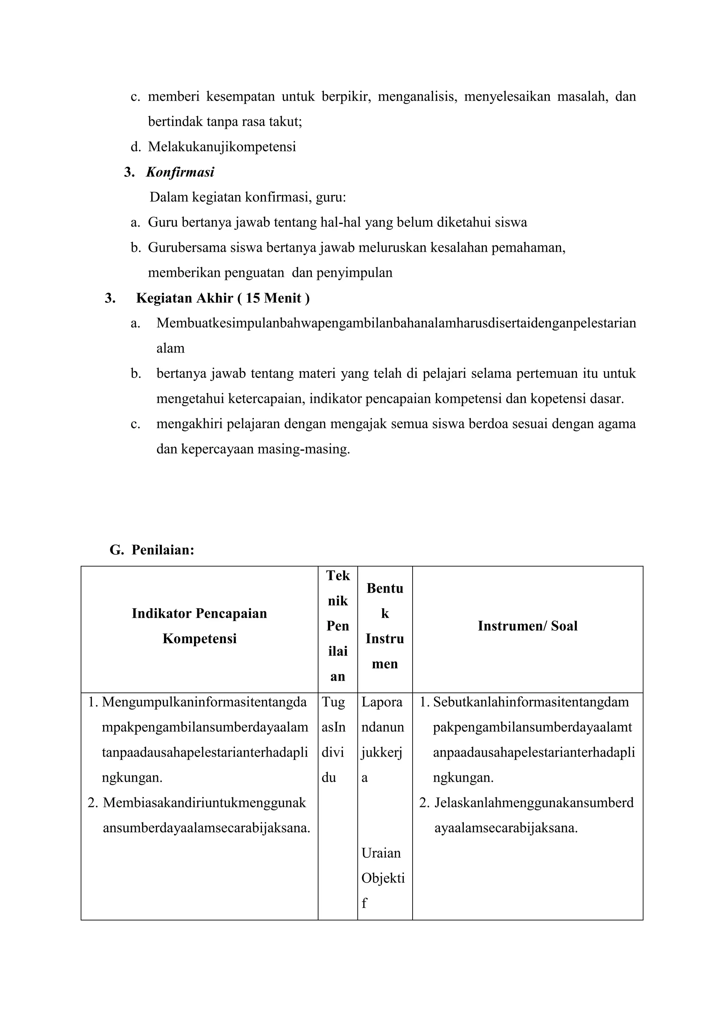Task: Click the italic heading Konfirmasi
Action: (x=180, y=172)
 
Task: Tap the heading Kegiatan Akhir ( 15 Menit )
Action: (x=222, y=298)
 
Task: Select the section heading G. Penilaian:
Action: (x=152, y=550)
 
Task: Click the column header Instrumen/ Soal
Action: (x=527, y=626)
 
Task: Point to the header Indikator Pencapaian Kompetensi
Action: (x=199, y=626)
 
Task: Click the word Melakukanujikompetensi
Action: (x=222, y=147)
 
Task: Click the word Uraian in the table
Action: (x=381, y=853)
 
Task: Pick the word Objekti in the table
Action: (x=383, y=878)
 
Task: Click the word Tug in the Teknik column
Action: (x=333, y=702)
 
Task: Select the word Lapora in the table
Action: (x=381, y=702)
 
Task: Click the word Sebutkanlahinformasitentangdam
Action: (x=531, y=702)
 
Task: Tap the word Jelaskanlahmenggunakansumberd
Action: (x=534, y=803)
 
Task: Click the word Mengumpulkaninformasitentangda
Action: (x=204, y=702)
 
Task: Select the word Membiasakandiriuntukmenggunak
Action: (x=205, y=803)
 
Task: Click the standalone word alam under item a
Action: (x=170, y=348)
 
